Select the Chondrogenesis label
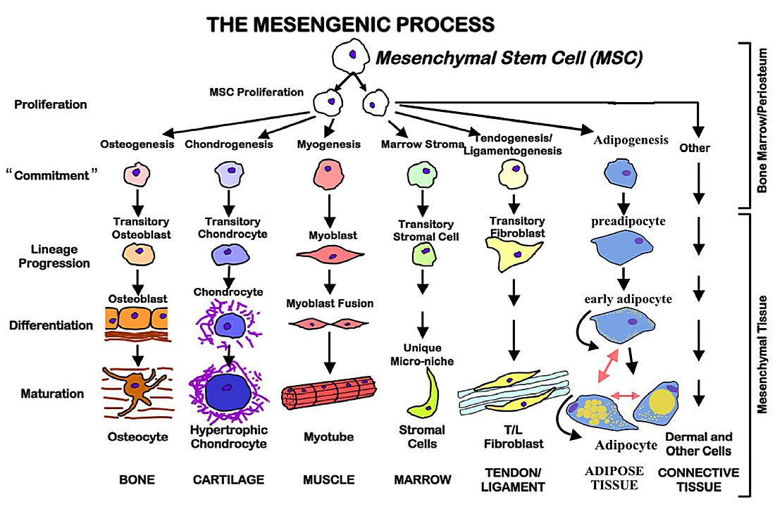(x=229, y=144)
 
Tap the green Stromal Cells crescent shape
(x=425, y=394)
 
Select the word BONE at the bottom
(x=137, y=480)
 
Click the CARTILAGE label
(x=228, y=480)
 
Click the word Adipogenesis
(x=631, y=140)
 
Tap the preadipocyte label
(x=627, y=220)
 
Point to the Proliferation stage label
(x=51, y=105)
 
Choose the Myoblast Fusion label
(x=330, y=303)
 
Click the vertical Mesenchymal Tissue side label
(x=762, y=352)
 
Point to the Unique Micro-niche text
(x=423, y=354)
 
